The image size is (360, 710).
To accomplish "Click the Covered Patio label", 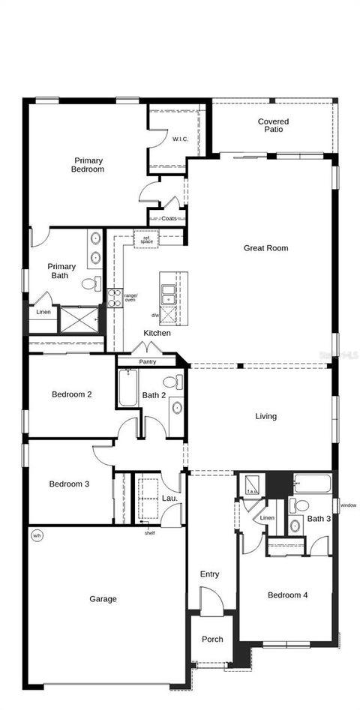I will (273, 126).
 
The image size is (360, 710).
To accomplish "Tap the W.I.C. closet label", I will (180, 139).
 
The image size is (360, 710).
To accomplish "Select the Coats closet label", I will (169, 219).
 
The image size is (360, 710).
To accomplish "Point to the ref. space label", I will (146, 240).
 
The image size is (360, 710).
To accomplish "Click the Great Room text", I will (265, 248).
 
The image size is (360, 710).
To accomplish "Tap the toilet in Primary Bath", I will (91, 283).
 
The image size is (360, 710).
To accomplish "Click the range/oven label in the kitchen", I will (130, 298).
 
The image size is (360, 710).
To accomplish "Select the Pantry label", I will (148, 361).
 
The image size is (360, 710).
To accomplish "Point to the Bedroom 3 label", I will (69, 484).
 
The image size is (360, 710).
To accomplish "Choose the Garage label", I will (103, 599).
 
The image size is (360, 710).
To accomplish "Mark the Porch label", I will (212, 640).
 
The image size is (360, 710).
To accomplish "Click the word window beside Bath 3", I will (348, 505).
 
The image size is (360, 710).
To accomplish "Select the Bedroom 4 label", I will (288, 595).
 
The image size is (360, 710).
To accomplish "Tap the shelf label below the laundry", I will (149, 533).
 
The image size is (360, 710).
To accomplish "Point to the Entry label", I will (209, 574).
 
